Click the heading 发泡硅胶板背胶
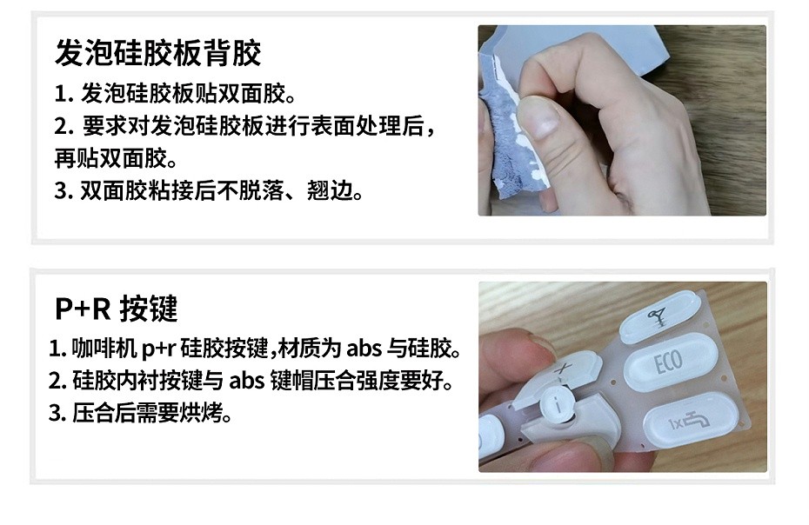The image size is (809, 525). (157, 53)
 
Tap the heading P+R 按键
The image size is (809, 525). (116, 309)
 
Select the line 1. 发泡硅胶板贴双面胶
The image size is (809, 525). (176, 93)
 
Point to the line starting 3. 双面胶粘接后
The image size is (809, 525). (209, 191)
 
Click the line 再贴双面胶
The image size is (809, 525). (116, 158)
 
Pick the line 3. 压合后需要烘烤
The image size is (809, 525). (140, 413)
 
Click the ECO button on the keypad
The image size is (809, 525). (670, 362)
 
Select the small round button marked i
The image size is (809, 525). (558, 404)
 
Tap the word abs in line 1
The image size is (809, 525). (364, 349)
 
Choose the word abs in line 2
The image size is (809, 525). (247, 381)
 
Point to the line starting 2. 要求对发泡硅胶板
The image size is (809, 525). (245, 126)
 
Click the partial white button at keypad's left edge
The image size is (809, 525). (489, 435)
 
